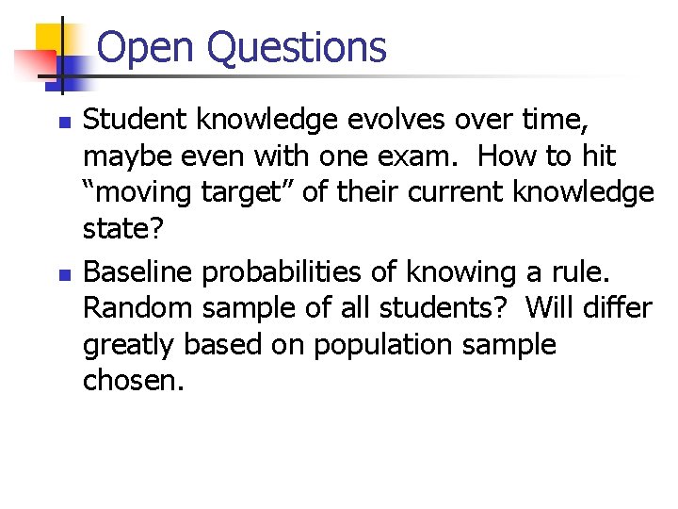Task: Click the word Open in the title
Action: pos(146,47)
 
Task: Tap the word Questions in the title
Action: pos(297,48)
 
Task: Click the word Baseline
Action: pos(139,271)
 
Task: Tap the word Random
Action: pos(137,308)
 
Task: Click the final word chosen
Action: pos(129,383)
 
